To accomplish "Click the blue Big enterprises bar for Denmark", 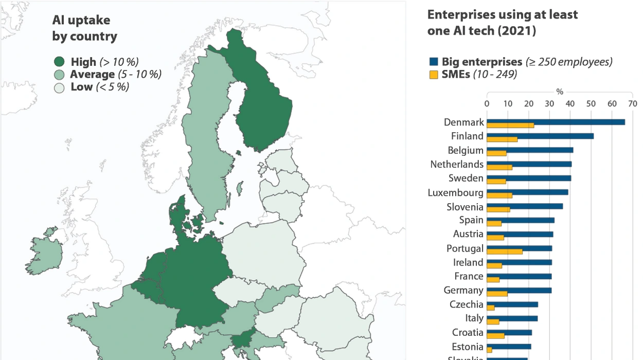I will pyautogui.click(x=556, y=122).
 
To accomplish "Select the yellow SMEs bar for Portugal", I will pyautogui.click(x=505, y=252).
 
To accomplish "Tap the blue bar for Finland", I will pyautogui.click(x=540, y=136).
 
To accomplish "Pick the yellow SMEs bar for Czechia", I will pyautogui.click(x=491, y=308).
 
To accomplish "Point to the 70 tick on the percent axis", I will pyautogui.click(x=633, y=103).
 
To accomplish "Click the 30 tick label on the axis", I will pyautogui.click(x=549, y=103).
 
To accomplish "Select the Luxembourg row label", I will pyautogui.click(x=455, y=193).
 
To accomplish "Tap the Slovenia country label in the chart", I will pyautogui.click(x=465, y=207).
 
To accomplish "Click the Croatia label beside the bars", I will pyautogui.click(x=468, y=332).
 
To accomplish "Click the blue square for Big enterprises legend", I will pyautogui.click(x=433, y=62).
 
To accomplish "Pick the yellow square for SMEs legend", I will pyautogui.click(x=433, y=75).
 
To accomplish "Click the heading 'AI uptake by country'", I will pyautogui.click(x=84, y=28).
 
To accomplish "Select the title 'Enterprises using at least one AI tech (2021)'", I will pyautogui.click(x=503, y=23).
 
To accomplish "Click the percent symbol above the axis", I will pyautogui.click(x=560, y=92).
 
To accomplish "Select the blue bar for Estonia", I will pyautogui.click(x=509, y=346).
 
